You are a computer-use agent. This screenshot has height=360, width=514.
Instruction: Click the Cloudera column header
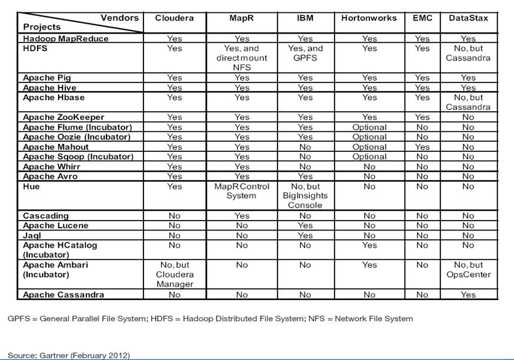[x=174, y=18]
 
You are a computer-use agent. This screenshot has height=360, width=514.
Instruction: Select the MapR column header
[x=241, y=18]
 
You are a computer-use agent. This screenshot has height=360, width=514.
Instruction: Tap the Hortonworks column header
[x=369, y=18]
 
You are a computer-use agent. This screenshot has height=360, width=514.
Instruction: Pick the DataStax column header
[x=468, y=18]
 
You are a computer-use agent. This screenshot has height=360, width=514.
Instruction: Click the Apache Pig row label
[x=44, y=78]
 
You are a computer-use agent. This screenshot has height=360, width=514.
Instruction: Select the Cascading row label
[x=46, y=216]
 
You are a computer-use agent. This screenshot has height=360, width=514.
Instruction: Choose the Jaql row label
[x=31, y=235]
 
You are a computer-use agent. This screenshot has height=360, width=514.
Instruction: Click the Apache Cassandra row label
[x=64, y=295]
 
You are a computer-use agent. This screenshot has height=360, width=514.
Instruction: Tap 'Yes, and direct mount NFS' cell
[x=241, y=58]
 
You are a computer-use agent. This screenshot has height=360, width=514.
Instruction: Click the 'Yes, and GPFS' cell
[x=305, y=53]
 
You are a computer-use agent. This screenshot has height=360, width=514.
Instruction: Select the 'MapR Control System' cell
[x=241, y=191]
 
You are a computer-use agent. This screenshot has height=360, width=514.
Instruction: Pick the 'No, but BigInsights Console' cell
[x=305, y=196]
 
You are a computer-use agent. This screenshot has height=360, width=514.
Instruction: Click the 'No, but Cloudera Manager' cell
[x=174, y=274]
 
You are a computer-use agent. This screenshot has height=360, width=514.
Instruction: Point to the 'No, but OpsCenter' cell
[x=468, y=269]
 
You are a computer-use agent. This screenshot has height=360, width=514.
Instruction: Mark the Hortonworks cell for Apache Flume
[x=369, y=127]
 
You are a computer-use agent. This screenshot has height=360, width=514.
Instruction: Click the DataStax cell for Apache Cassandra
[x=468, y=295]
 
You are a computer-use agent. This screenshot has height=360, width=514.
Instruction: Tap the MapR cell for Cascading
[x=241, y=216]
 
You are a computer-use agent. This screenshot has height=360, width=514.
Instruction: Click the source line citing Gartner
[x=69, y=355]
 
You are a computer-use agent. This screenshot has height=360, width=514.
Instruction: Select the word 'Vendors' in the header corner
[x=119, y=18]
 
